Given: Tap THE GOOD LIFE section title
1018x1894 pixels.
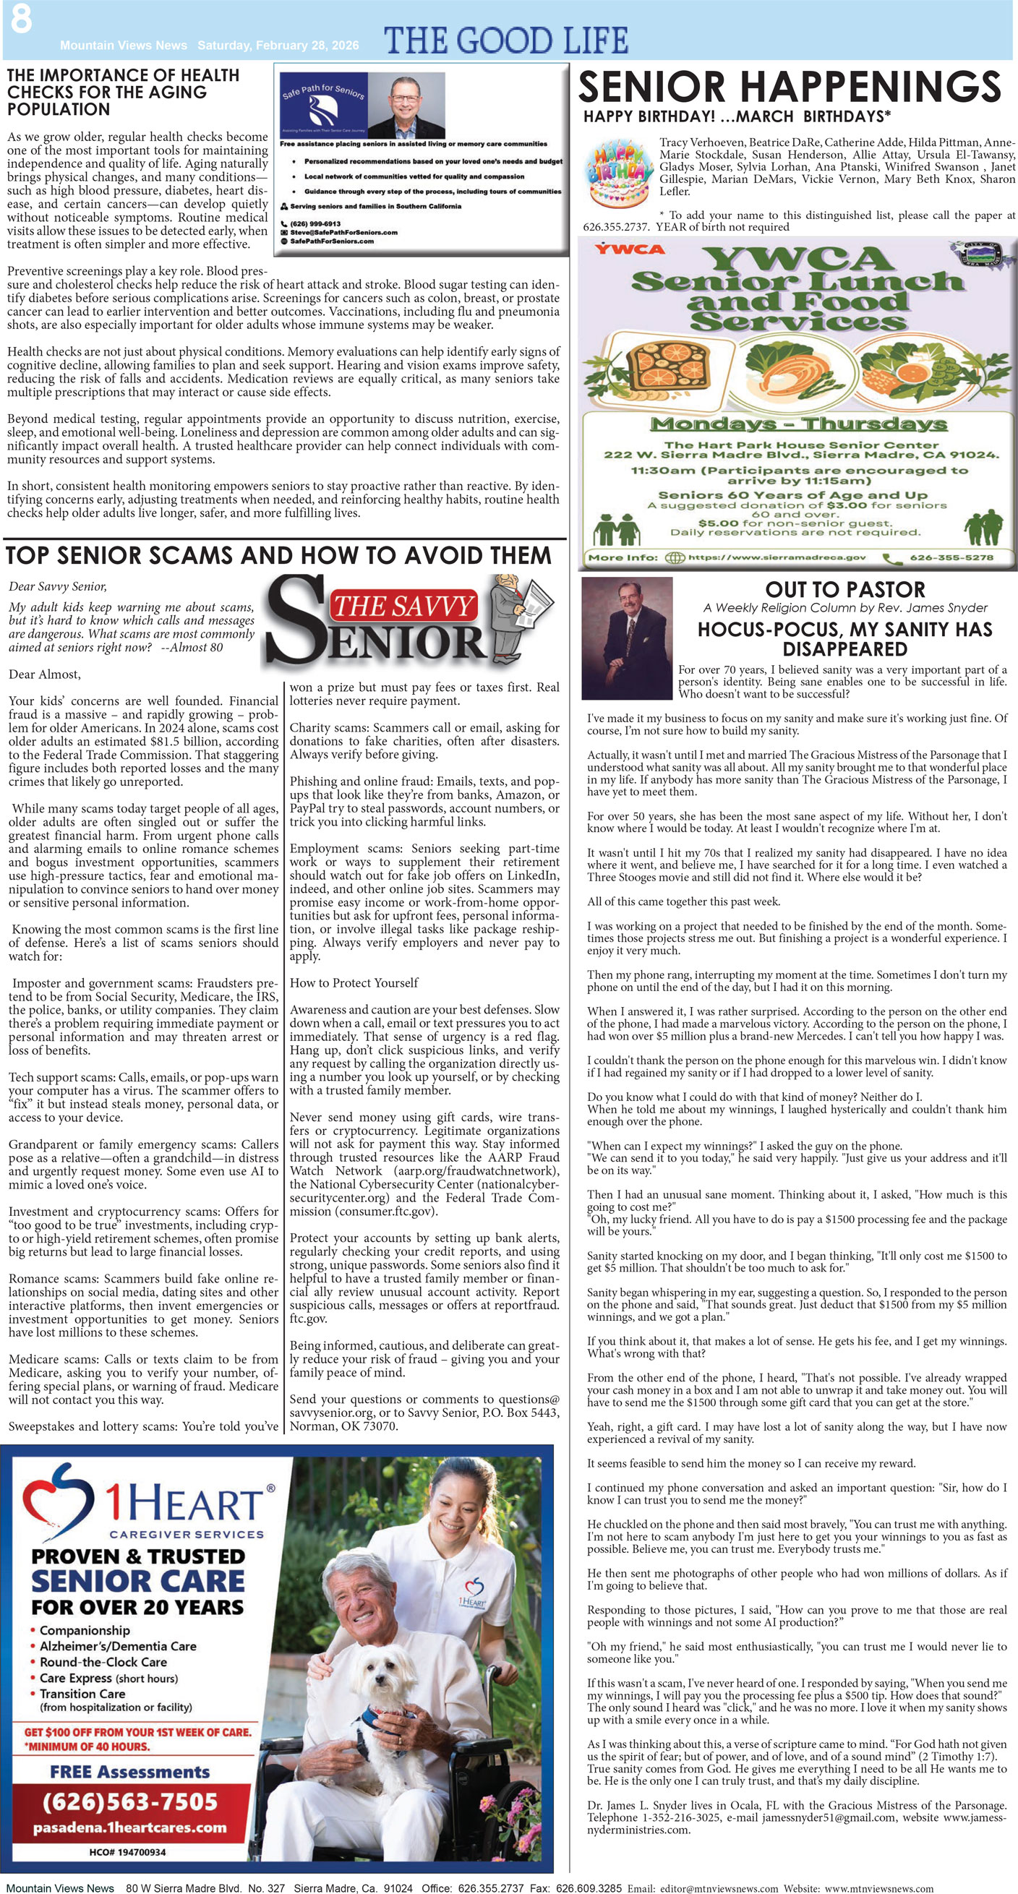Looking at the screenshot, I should (x=506, y=40).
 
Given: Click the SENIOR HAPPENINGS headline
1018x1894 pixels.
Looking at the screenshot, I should (x=790, y=87).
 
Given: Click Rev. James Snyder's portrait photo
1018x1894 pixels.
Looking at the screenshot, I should (x=627, y=638).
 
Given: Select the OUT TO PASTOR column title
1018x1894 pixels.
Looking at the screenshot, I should (x=844, y=590).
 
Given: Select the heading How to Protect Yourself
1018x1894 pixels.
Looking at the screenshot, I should (x=353, y=983).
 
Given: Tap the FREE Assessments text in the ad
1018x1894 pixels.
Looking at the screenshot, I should (x=129, y=1772).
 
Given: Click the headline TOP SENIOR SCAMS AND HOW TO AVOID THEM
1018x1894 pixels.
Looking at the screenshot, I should (x=278, y=556).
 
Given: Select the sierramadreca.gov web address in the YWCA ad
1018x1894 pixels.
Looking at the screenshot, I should (x=776, y=557).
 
